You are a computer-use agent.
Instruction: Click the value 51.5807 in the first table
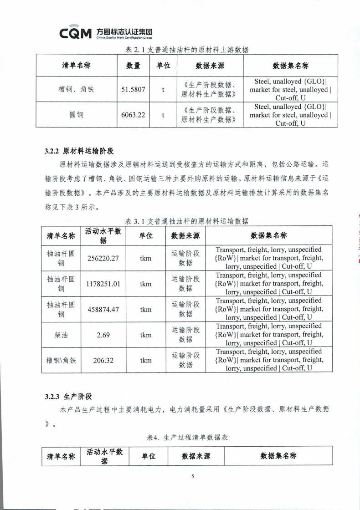[133, 90]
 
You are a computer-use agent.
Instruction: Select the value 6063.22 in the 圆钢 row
[133, 115]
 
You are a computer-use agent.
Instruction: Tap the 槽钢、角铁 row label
[73, 90]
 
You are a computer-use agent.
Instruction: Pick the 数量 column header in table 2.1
[133, 66]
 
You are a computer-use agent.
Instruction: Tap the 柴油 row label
[61, 335]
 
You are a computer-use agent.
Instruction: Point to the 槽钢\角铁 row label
[61, 360]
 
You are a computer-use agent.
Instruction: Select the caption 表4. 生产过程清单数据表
[187, 437]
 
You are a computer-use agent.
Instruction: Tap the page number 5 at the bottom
[193, 476]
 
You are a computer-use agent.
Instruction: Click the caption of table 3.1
[187, 221]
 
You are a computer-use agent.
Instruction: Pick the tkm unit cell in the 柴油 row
[146, 335]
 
